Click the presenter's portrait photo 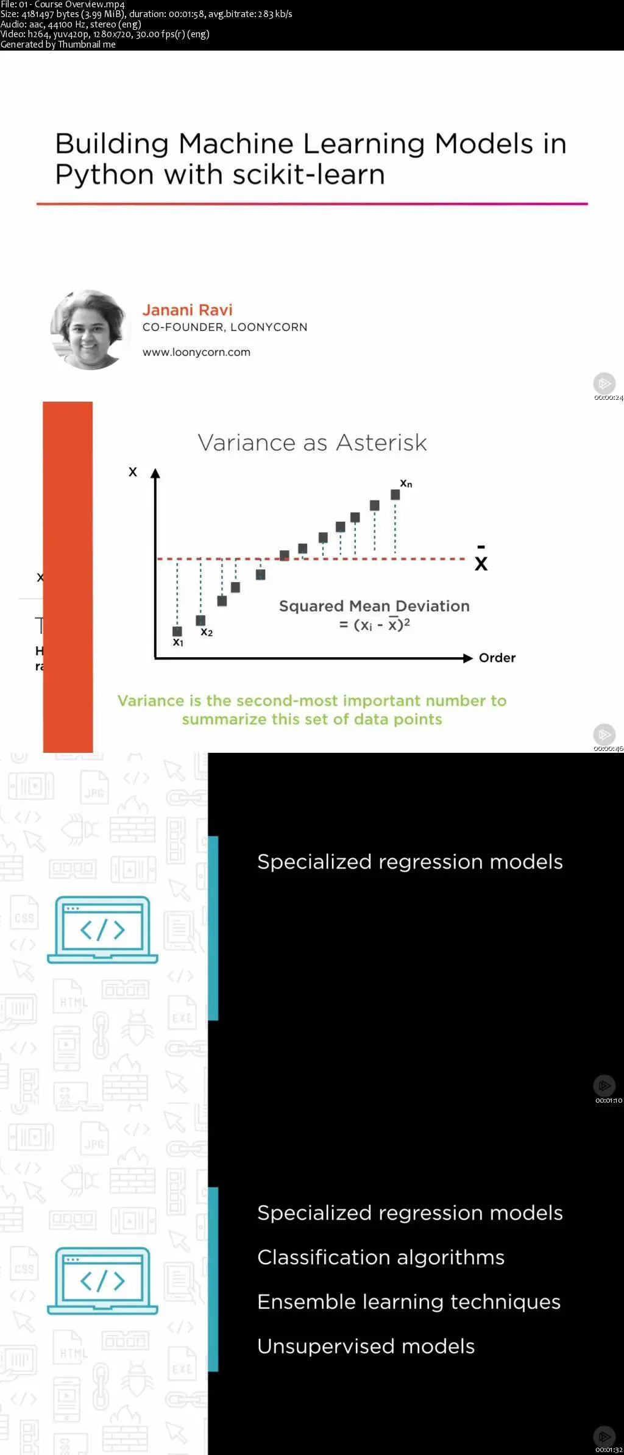pos(90,329)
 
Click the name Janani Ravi pos(188,310)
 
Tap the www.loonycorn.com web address pos(196,352)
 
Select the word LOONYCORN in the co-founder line pos(269,327)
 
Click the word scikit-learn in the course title pos(309,175)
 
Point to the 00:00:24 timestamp pos(609,398)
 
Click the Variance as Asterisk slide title pos(312,443)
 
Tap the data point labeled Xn pos(395,495)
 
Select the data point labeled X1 pos(177,631)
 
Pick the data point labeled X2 pos(200,621)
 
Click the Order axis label pos(497,658)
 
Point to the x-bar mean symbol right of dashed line pos(481,559)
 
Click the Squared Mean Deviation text pos(374,606)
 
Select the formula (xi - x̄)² pos(375,624)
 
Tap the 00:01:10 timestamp pos(609,1100)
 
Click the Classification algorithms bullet pos(381,1258)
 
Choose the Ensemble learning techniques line pos(409,1302)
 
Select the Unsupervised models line pos(366,1346)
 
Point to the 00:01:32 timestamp pos(609,1450)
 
